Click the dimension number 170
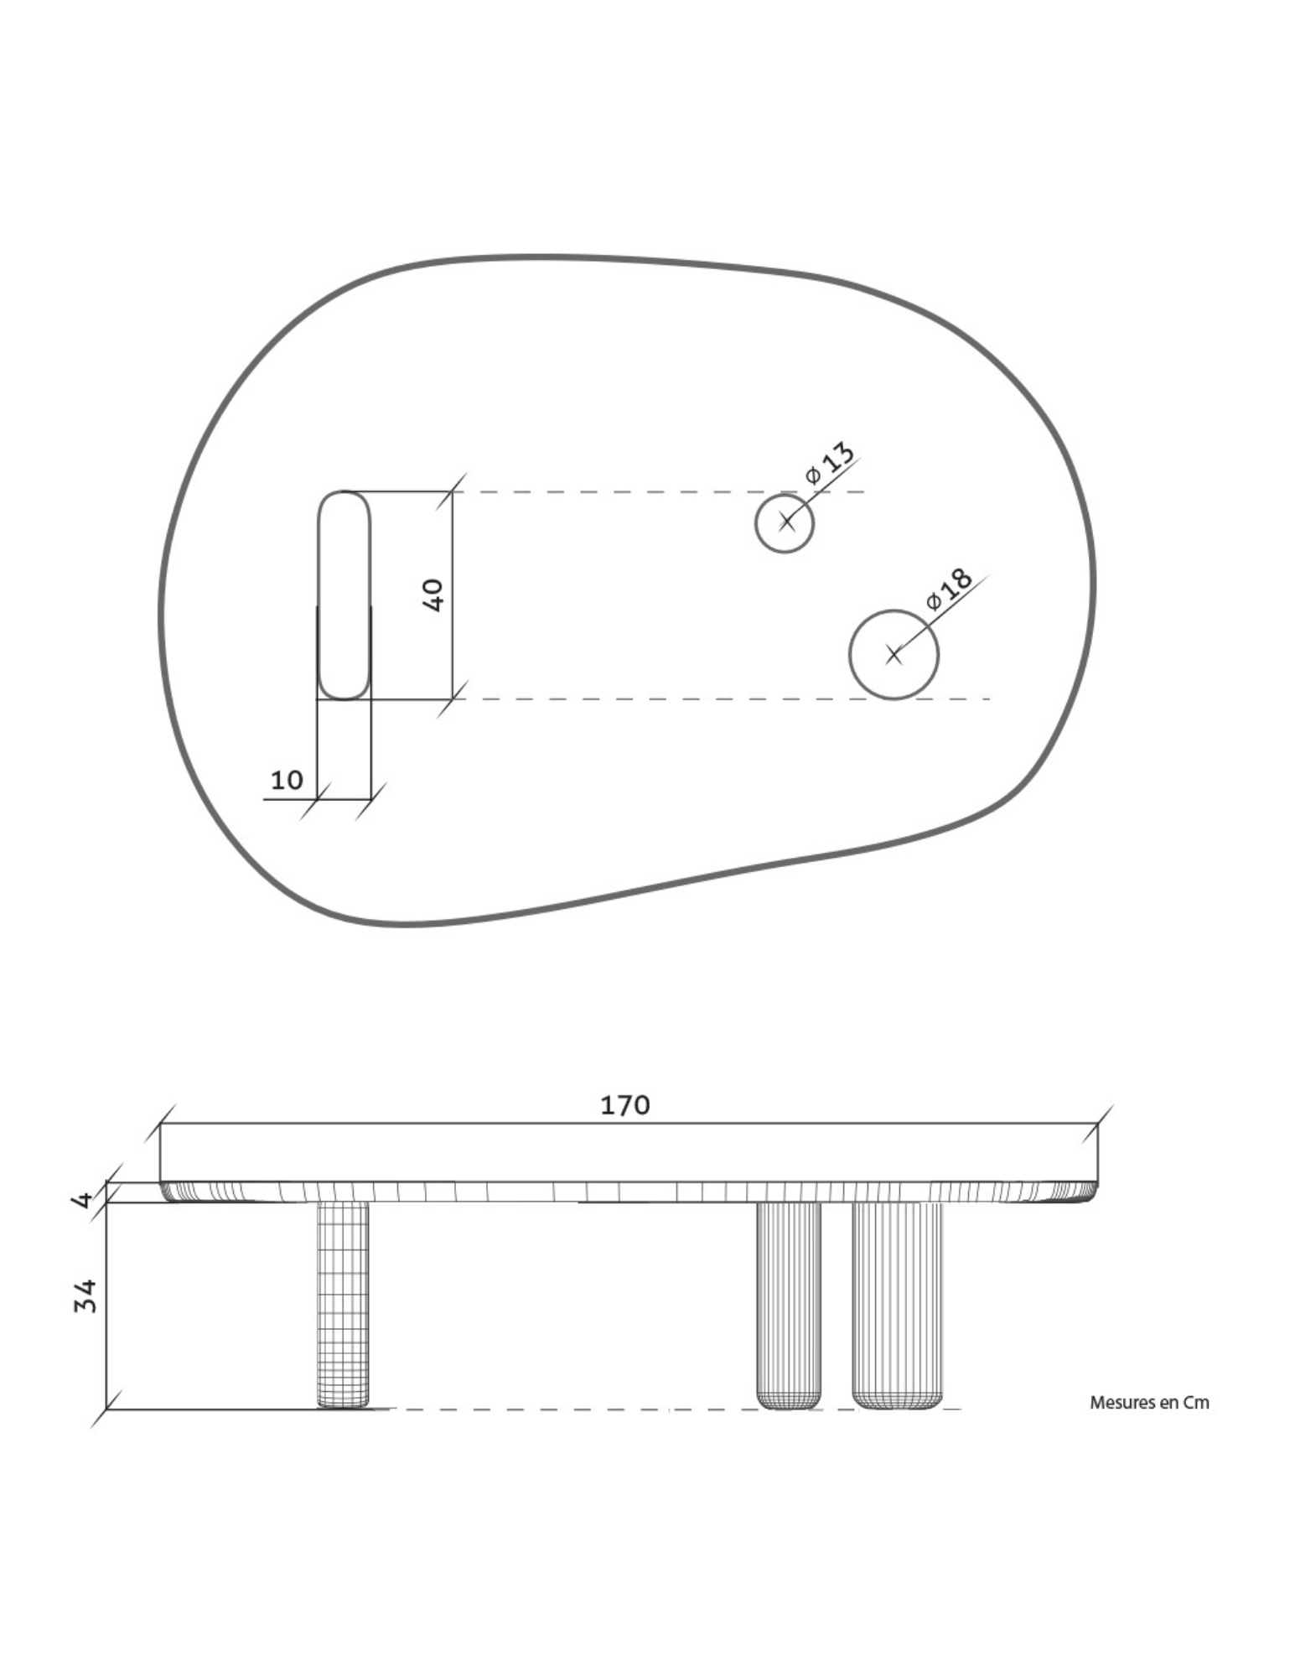[624, 1105]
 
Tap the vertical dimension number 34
[86, 1295]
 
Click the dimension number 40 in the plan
[433, 594]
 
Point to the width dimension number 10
[286, 780]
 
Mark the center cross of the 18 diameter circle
[894, 654]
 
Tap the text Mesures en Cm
[1148, 1402]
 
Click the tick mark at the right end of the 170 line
[1097, 1124]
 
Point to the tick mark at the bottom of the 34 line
[106, 1410]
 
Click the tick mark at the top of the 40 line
[452, 491]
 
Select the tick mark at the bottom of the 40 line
[452, 698]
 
